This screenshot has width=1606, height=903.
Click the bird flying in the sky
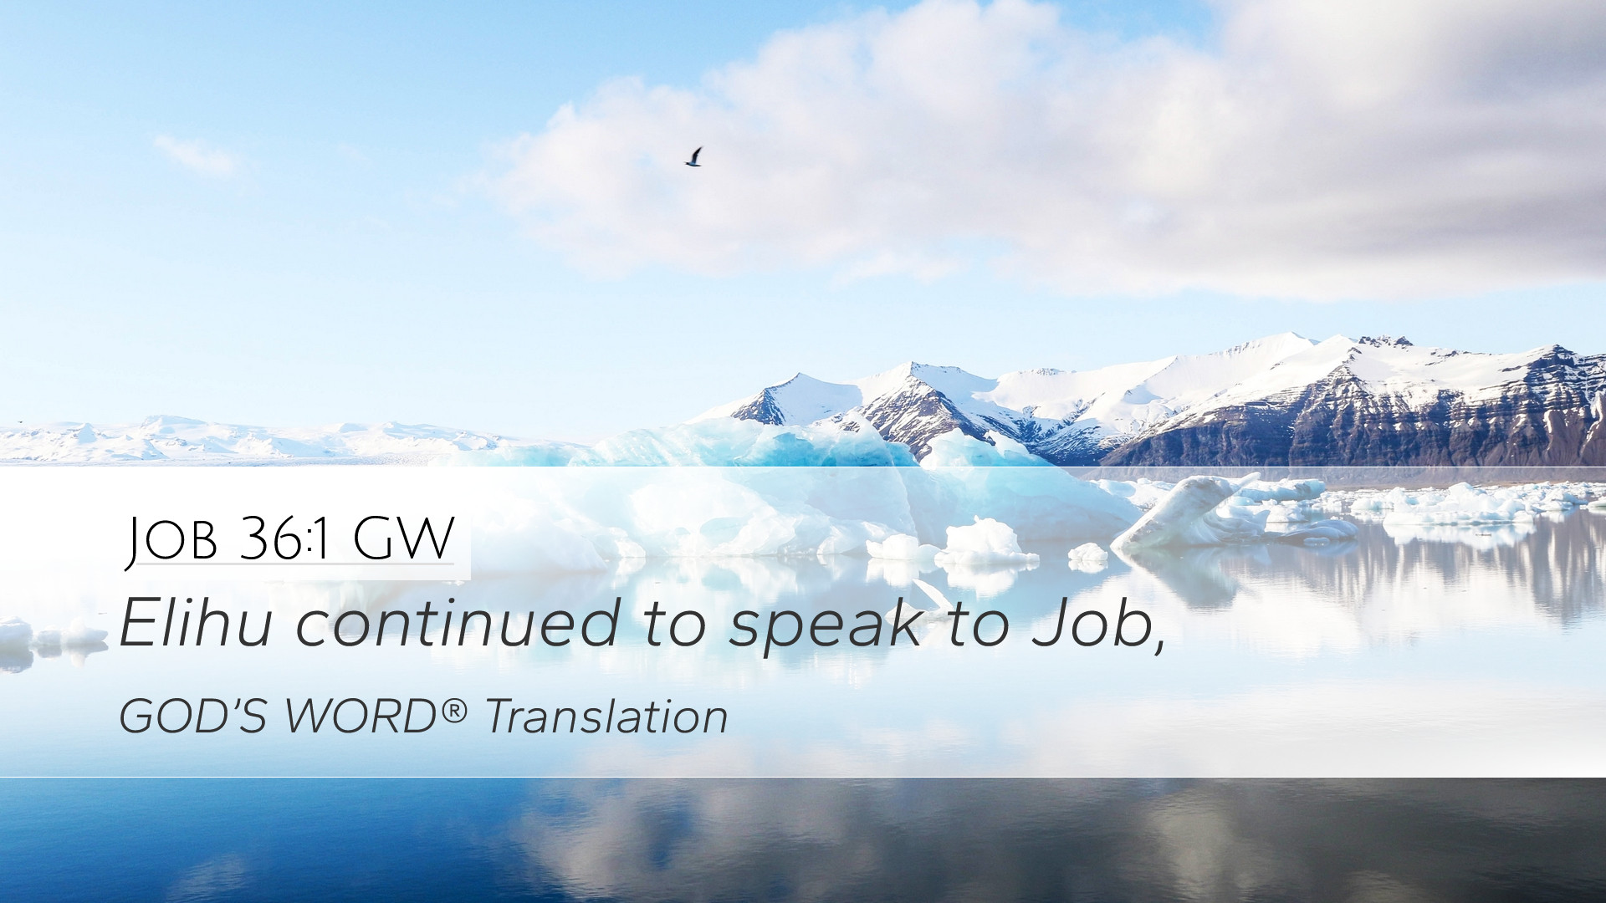[693, 157]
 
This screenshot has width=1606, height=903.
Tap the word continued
[458, 623]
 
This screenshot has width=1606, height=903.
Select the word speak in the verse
[826, 628]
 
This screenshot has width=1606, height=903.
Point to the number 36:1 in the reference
[287, 538]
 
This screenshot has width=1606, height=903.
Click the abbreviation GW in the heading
[403, 538]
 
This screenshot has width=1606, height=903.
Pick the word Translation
[606, 717]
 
